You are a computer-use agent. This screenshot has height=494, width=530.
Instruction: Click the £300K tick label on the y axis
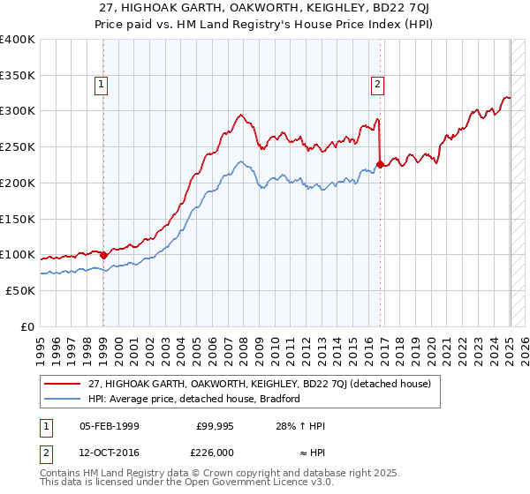click(18, 111)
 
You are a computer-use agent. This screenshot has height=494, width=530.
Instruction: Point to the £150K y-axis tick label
click(18, 219)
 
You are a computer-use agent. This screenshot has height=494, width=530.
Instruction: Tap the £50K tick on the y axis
click(20, 290)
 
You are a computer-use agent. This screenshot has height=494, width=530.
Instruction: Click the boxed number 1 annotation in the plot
click(102, 85)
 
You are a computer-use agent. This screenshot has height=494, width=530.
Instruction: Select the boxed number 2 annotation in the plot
click(377, 85)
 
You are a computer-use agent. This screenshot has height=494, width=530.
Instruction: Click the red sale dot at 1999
click(103, 255)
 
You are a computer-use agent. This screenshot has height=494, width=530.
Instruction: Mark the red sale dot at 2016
click(380, 164)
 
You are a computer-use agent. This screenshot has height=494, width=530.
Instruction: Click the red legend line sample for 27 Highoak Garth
click(64, 384)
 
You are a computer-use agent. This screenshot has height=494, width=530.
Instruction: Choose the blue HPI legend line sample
click(64, 399)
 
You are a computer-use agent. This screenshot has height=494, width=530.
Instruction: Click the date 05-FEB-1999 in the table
click(110, 426)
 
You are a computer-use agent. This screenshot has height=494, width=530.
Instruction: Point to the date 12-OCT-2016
click(110, 453)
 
